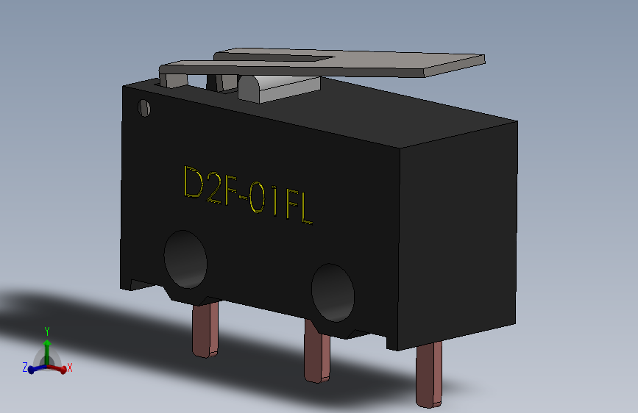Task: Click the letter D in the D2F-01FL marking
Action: (194, 182)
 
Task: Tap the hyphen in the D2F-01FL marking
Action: (243, 198)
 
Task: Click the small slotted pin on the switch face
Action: (144, 108)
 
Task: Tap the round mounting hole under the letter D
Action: (185, 259)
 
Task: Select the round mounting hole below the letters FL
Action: (333, 292)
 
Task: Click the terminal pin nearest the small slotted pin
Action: (205, 330)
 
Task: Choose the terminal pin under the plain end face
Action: (429, 375)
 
